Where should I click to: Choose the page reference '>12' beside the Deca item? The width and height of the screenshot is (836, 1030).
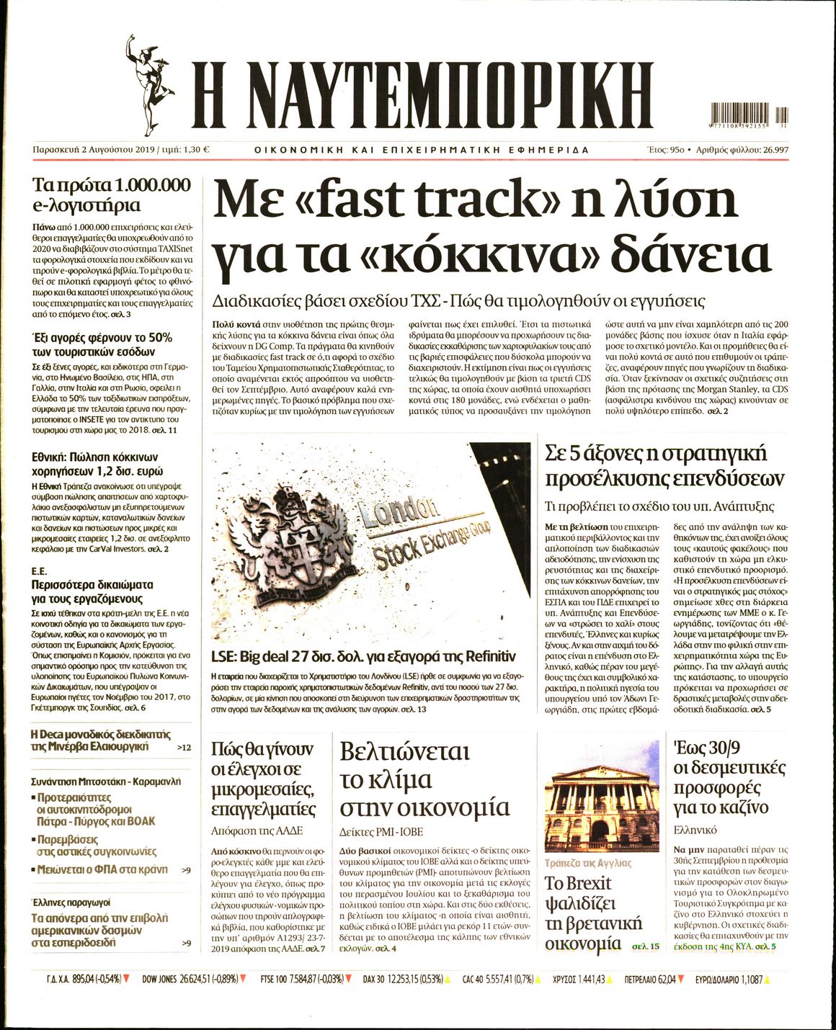coord(184,748)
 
